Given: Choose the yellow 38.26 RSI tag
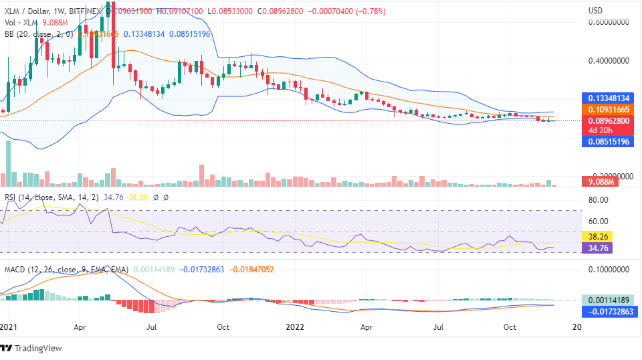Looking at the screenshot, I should pos(597,236).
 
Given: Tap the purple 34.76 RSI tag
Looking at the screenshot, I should pos(597,248).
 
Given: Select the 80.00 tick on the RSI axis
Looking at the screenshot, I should pos(597,199).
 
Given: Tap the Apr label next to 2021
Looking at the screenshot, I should pos(80,327).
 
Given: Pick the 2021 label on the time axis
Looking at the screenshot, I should pos(8,327).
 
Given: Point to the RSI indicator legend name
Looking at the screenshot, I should pos(11,197).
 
